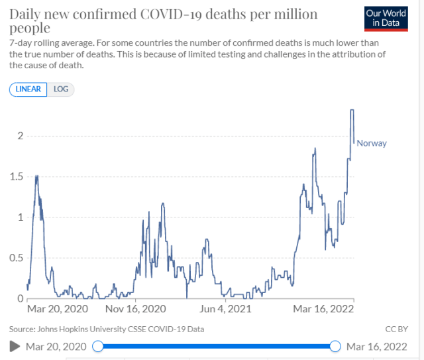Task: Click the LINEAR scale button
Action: [28, 89]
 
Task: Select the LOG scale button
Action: [61, 89]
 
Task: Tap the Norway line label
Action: [372, 143]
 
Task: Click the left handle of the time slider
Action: [98, 346]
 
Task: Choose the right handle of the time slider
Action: [335, 346]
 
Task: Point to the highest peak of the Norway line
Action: [352, 110]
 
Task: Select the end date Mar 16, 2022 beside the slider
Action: [376, 346]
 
